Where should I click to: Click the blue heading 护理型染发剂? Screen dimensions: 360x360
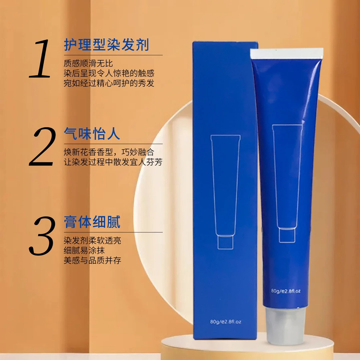pyautogui.click(x=107, y=45)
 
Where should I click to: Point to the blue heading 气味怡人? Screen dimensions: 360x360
pyautogui.click(x=92, y=133)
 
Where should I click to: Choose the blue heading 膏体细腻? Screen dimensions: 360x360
pyautogui.click(x=92, y=222)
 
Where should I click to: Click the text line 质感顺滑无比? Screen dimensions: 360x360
pyautogui.click(x=88, y=63)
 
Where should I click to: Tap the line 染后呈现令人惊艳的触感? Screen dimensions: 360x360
pyautogui.click(x=109, y=73)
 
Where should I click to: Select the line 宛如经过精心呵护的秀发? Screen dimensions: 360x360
pyautogui.click(x=109, y=83)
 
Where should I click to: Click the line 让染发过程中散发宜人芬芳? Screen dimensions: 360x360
pyautogui.click(x=113, y=162)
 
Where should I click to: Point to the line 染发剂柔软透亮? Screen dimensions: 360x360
pyautogui.click(x=92, y=240)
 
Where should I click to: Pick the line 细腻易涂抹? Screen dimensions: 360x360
pyautogui.click(x=84, y=250)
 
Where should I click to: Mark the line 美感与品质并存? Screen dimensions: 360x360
pyautogui.click(x=92, y=260)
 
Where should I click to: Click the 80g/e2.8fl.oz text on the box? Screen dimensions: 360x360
pyautogui.click(x=225, y=322)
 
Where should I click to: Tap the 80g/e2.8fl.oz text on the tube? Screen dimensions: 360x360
pyautogui.click(x=286, y=291)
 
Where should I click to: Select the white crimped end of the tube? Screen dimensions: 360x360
pyautogui.click(x=287, y=53)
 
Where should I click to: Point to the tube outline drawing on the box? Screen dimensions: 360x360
pyautogui.click(x=225, y=192)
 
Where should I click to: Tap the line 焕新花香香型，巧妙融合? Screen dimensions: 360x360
pyautogui.click(x=109, y=152)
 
